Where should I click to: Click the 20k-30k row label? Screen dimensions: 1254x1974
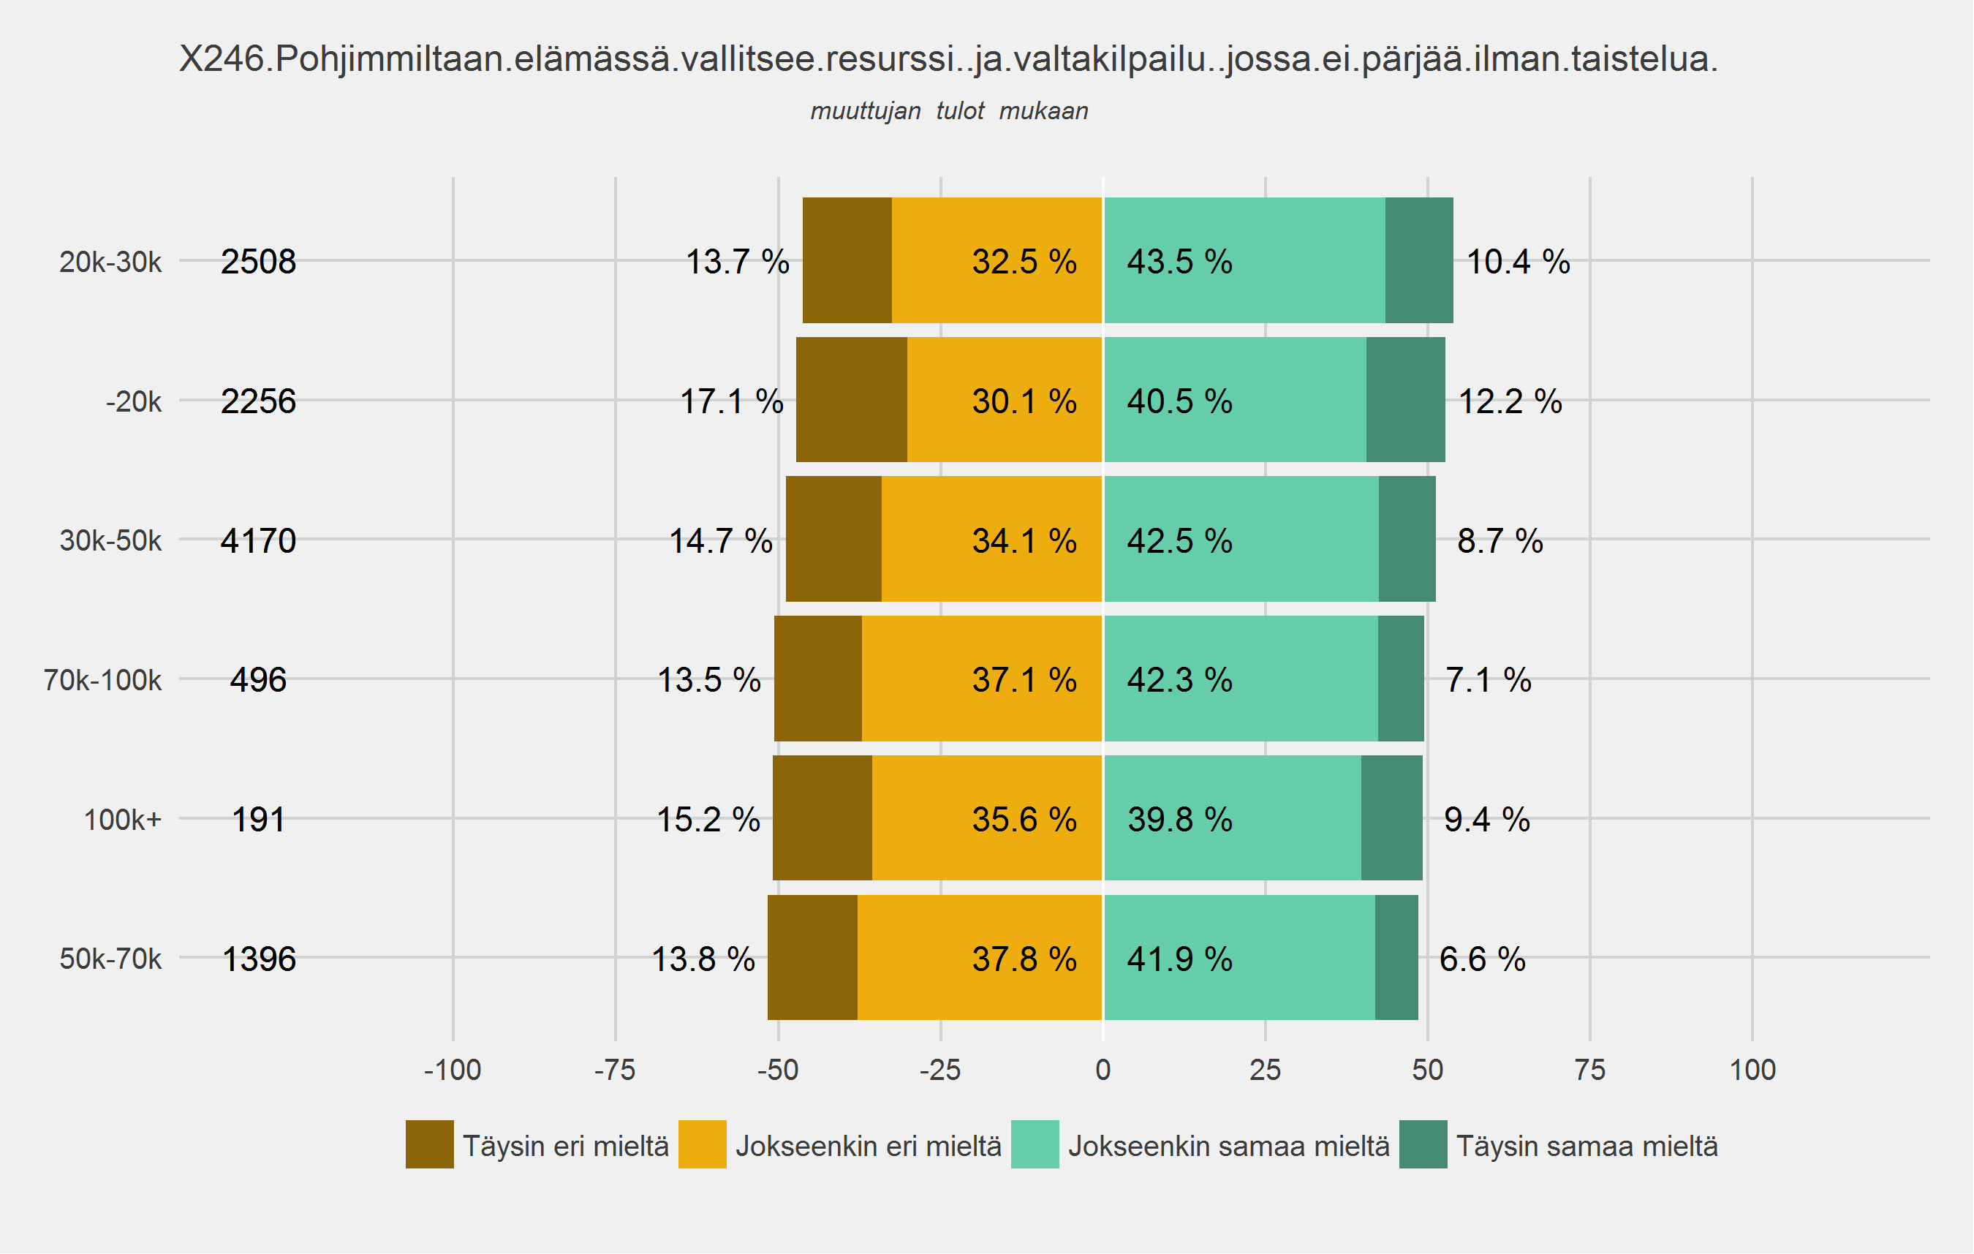pos(110,262)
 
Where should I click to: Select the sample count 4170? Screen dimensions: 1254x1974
pos(258,541)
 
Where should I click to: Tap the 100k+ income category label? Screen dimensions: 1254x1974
pos(123,820)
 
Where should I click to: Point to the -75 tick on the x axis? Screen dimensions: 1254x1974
pos(615,1070)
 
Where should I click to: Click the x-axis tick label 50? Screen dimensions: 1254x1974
pos(1427,1070)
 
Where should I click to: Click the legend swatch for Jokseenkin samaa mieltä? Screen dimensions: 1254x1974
pos(1035,1144)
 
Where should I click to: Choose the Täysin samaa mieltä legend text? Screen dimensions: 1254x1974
pos(1587,1146)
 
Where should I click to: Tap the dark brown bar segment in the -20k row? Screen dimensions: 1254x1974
pos(852,400)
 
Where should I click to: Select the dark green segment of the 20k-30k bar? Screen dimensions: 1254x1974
pos(1419,260)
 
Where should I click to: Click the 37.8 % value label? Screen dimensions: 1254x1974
pos(1024,959)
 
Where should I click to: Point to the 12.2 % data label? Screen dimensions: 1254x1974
pos(1510,401)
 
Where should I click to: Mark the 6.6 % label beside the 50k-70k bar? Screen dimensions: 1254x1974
pos(1482,959)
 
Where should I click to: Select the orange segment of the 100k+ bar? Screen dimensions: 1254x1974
pos(987,818)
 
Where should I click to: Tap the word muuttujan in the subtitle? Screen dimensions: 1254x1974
pos(866,111)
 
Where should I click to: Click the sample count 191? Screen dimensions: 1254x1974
pos(258,820)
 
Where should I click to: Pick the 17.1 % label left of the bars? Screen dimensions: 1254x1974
pos(731,401)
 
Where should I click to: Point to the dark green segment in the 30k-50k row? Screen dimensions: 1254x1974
pos(1407,540)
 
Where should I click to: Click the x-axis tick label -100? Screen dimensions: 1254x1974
pos(453,1070)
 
